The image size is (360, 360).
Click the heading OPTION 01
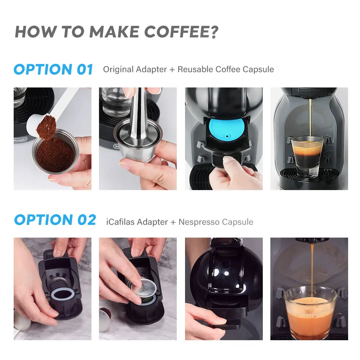pyautogui.click(x=54, y=69)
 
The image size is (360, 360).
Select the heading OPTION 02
pyautogui.click(x=55, y=220)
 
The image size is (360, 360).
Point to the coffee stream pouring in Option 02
pyautogui.click(x=312, y=271)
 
